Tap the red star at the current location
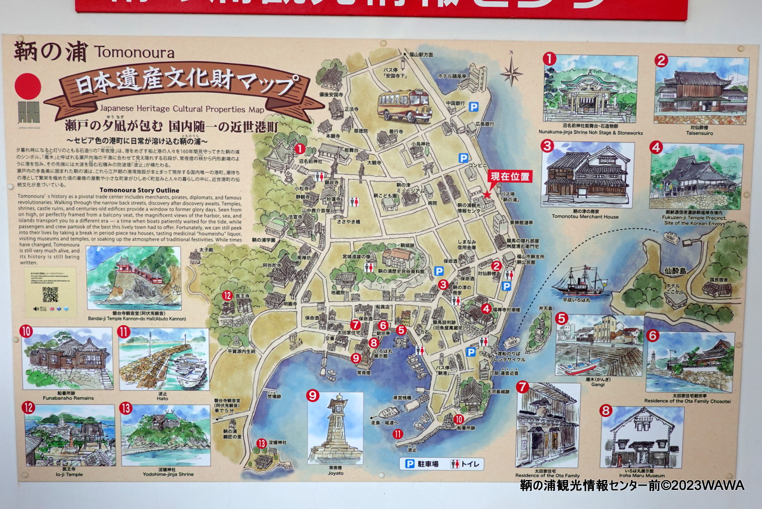(x=487, y=194)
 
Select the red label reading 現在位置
(x=510, y=176)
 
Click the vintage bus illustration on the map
(x=404, y=105)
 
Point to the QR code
(x=50, y=295)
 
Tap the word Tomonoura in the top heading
(x=134, y=52)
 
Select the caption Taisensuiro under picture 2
(x=699, y=133)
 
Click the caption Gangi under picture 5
(x=598, y=384)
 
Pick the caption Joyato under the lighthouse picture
(x=335, y=473)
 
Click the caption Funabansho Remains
(x=68, y=398)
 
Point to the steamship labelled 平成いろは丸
(x=577, y=283)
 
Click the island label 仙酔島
(x=675, y=271)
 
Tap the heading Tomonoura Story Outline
(x=139, y=190)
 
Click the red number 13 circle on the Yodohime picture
(x=126, y=408)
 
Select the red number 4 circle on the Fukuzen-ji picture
(x=656, y=147)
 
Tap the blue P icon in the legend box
(x=410, y=464)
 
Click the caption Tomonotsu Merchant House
(x=585, y=216)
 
